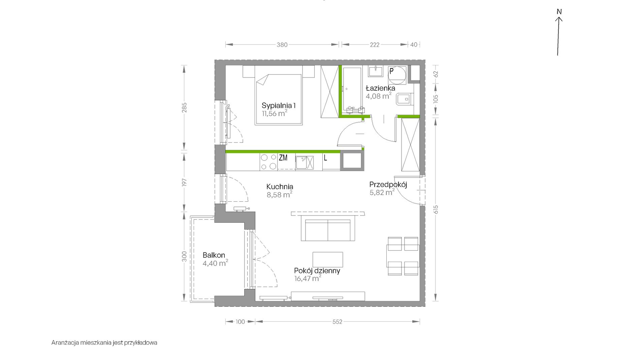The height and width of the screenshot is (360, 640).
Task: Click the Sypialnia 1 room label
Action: [x=279, y=105]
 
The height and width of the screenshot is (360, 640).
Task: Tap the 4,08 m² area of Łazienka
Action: [x=379, y=96]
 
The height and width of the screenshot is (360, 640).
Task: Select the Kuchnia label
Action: [x=280, y=187]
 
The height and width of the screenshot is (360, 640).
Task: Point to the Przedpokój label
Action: [x=388, y=185]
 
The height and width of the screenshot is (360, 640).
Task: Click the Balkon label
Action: [x=214, y=255]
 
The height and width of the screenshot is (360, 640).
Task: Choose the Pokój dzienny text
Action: [x=317, y=271]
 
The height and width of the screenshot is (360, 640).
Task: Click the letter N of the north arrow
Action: [x=559, y=12]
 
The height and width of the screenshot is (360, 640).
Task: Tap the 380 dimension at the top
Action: [x=282, y=45]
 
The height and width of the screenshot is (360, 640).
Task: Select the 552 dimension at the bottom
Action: [x=337, y=322]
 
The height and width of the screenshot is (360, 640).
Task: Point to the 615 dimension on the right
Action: [x=436, y=209]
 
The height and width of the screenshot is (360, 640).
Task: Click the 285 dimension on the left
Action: [x=184, y=107]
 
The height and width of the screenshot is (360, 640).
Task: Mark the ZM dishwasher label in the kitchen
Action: [x=283, y=157]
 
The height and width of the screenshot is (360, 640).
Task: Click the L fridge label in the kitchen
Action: [x=325, y=158]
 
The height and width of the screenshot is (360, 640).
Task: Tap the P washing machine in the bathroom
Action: [x=397, y=75]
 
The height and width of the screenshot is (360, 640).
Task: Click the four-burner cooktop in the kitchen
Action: [x=268, y=162]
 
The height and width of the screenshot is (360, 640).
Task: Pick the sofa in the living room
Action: [x=328, y=230]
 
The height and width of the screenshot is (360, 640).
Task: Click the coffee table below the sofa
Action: [x=328, y=260]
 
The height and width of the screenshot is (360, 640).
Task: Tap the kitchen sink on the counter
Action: [x=305, y=163]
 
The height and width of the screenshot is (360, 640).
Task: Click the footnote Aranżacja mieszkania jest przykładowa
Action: [x=104, y=343]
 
